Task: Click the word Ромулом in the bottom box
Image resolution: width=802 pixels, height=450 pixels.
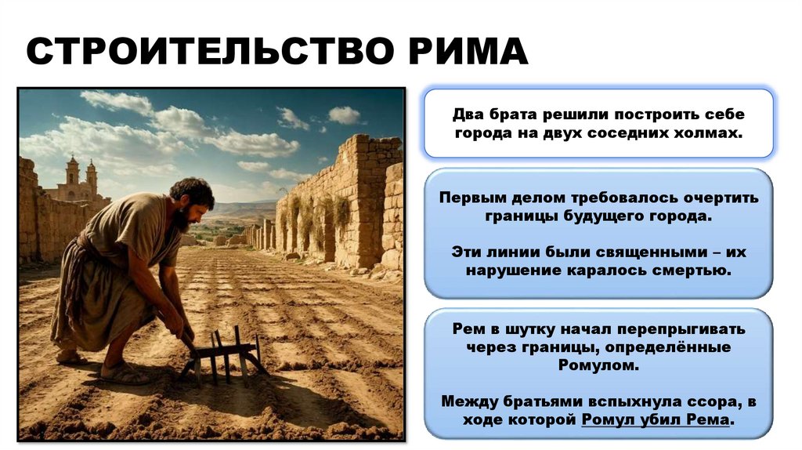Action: tap(598, 365)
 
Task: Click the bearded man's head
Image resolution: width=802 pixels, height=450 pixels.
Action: tap(191, 203)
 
